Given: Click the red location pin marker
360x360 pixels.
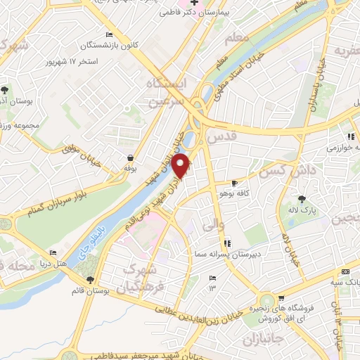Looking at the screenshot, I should (x=181, y=165).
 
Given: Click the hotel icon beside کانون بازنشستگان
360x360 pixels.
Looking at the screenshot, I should (x=108, y=35).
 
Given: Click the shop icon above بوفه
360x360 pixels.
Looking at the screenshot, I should (x=130, y=158).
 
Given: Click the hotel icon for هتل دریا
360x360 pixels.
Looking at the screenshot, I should (x=53, y=254).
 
